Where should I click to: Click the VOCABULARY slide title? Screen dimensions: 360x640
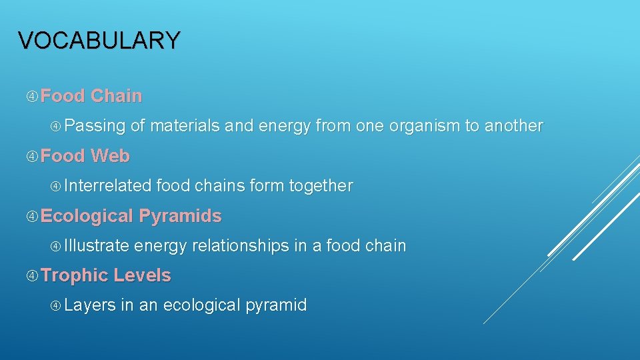(x=99, y=41)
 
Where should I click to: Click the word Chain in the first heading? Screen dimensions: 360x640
(x=116, y=96)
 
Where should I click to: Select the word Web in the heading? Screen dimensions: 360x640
(x=110, y=156)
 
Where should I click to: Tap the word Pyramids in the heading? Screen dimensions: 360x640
(x=180, y=216)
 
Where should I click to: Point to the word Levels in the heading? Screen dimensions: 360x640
(x=142, y=275)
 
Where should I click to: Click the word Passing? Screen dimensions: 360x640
(x=95, y=126)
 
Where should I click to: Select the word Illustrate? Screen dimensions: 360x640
(x=97, y=246)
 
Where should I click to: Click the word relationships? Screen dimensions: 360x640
(x=240, y=246)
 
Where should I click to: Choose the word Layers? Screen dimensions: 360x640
(x=90, y=305)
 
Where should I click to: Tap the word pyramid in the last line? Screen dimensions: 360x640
(x=275, y=306)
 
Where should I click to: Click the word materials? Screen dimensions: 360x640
(x=185, y=126)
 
